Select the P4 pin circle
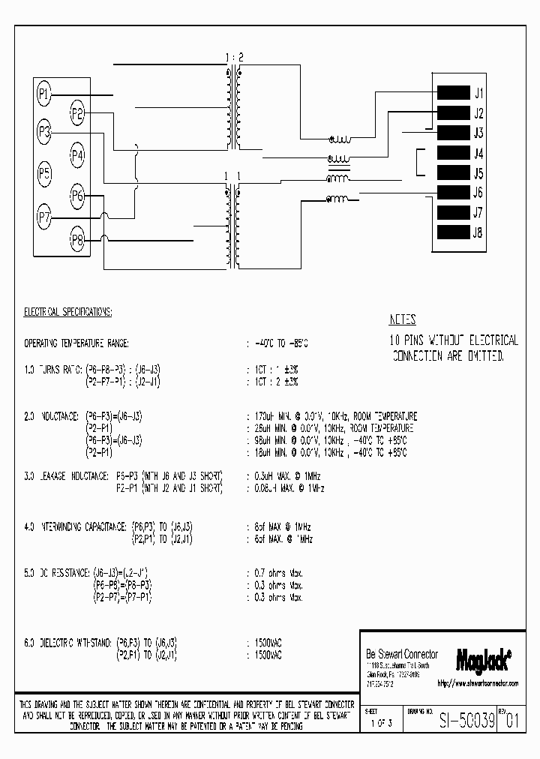[x=77, y=155]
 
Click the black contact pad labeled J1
[x=453, y=94]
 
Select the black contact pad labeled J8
[x=453, y=232]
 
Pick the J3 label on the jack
[x=478, y=133]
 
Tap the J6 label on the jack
[x=478, y=193]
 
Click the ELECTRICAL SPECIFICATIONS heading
[x=68, y=310]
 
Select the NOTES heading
[x=403, y=319]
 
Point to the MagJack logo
[x=483, y=658]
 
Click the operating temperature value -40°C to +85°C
[x=277, y=343]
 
